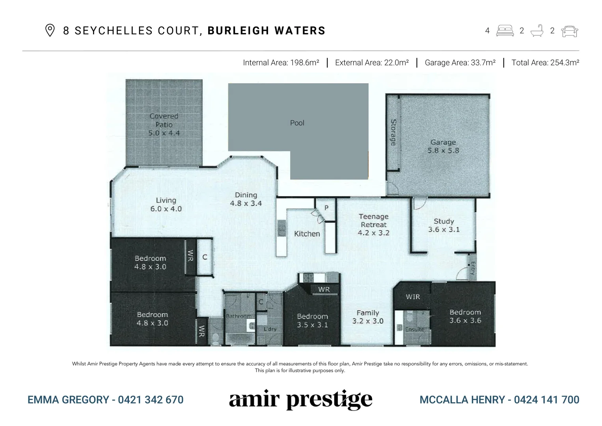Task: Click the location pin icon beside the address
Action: [x=50, y=30]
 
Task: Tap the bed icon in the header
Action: [x=505, y=31]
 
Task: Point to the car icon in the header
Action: [x=569, y=31]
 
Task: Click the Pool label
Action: [x=297, y=123]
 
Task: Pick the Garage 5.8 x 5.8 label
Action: [x=443, y=146]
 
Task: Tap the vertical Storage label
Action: [x=393, y=132]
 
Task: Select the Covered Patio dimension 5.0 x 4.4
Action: [x=164, y=133]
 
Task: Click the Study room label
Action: [x=444, y=225]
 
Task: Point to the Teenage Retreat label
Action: [x=373, y=224]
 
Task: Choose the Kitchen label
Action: [x=307, y=234]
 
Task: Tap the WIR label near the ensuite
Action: [x=413, y=297]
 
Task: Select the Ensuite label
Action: [x=415, y=329]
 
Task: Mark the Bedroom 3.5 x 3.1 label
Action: [x=312, y=321]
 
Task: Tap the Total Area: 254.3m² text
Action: [x=545, y=63]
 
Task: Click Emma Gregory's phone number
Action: [x=151, y=400]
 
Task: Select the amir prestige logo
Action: [x=300, y=400]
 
